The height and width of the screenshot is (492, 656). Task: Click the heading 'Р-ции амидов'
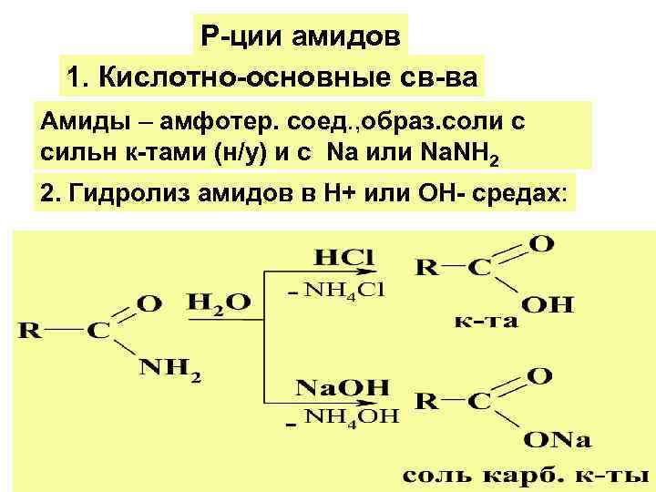coord(301,37)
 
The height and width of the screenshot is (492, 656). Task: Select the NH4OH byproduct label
coord(350,417)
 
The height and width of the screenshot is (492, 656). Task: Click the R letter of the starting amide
coord(30,331)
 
